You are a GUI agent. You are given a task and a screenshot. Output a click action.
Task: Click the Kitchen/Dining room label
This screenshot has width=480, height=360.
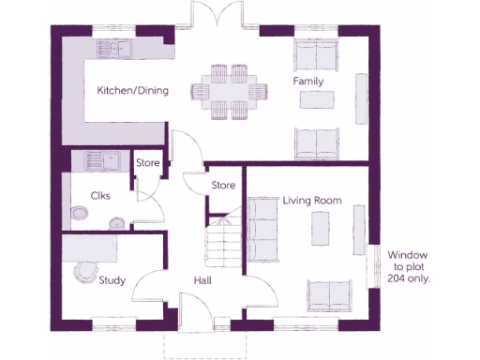click(134, 92)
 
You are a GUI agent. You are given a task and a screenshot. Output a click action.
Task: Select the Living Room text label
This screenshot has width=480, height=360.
click(310, 201)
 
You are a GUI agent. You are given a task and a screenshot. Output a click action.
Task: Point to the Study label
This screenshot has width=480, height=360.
click(112, 278)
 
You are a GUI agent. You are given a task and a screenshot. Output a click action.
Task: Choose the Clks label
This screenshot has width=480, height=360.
click(100, 196)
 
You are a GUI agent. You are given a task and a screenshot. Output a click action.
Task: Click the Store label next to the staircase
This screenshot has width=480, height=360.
click(223, 185)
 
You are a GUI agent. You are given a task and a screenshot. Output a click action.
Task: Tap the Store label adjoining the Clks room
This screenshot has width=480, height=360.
click(148, 163)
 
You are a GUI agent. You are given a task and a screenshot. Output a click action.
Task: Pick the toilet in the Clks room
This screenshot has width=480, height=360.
click(117, 223)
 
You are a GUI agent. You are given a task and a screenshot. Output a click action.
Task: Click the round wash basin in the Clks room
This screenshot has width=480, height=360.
click(79, 214)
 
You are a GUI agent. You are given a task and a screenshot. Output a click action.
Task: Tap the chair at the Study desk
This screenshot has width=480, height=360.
click(85, 274)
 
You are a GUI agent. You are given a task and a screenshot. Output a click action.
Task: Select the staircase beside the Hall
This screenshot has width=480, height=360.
click(223, 244)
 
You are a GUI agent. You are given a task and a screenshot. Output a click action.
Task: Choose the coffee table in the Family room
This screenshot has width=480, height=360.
click(311, 100)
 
